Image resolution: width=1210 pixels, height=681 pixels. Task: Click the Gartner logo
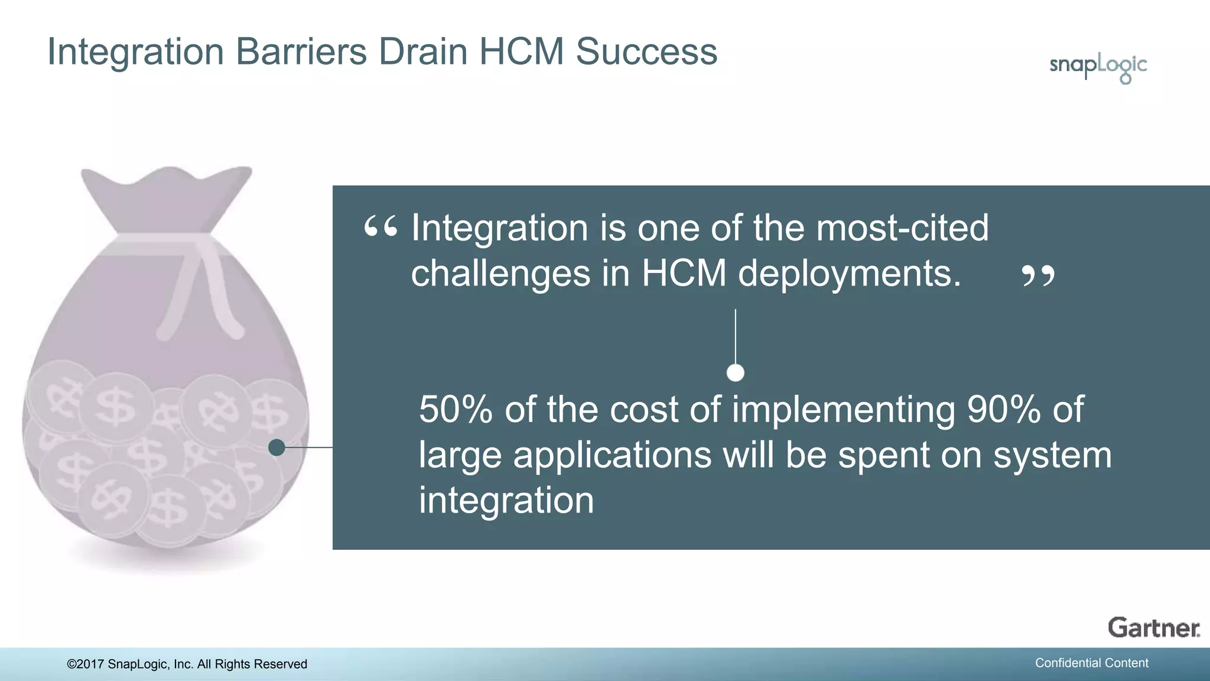click(1153, 628)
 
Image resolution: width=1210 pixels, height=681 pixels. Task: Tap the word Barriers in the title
click(301, 51)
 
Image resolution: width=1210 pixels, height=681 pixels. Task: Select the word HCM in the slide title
click(521, 51)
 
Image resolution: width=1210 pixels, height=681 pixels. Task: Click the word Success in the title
click(646, 51)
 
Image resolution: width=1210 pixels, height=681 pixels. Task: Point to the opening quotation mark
click(380, 228)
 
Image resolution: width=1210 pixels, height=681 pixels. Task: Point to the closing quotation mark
click(1038, 275)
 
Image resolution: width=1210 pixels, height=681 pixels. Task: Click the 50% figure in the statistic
click(456, 409)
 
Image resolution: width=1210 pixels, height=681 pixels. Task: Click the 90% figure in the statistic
click(1003, 409)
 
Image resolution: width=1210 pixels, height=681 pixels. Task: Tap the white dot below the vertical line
click(735, 373)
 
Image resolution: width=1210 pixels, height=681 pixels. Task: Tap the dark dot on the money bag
click(277, 447)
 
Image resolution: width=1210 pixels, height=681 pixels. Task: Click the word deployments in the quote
click(850, 274)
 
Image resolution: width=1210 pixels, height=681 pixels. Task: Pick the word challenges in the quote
click(500, 274)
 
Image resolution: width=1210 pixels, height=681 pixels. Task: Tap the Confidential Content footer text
click(1091, 663)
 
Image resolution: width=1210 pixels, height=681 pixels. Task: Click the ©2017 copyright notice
click(187, 664)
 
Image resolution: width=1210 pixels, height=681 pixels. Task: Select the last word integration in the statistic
click(506, 501)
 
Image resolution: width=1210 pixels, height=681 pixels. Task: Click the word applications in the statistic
click(612, 455)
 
